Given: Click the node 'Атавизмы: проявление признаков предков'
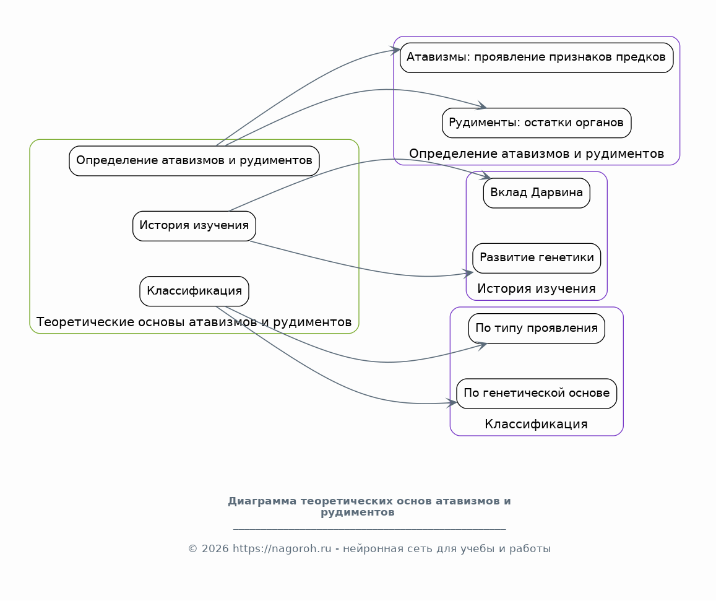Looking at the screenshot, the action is click(537, 58).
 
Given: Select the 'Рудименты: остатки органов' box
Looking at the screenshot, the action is click(537, 123).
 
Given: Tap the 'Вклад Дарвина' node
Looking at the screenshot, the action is click(537, 192).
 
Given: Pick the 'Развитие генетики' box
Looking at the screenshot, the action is click(537, 258).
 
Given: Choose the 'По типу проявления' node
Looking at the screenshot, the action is click(537, 329).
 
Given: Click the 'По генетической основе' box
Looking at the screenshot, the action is click(537, 393).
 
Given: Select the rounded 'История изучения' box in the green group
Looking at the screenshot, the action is click(194, 225).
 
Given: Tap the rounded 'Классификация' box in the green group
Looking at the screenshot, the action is click(194, 291).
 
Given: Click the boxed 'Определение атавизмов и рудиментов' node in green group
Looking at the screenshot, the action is click(194, 161).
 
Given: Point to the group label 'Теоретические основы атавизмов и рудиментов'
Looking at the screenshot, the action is click(194, 322).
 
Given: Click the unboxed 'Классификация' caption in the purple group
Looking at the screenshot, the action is click(536, 424).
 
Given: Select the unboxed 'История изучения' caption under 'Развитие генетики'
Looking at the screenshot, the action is click(537, 288).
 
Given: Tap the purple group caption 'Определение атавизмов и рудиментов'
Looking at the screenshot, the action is click(537, 153).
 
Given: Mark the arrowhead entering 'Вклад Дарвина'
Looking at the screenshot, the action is click(486, 175).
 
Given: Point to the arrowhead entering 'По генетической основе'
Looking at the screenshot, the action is click(452, 402).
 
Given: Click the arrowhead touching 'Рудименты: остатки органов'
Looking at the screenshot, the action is click(482, 105).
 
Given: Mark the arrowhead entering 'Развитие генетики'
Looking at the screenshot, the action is click(468, 274).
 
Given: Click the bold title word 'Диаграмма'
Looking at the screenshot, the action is click(262, 501).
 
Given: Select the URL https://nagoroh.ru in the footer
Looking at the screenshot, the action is click(282, 548).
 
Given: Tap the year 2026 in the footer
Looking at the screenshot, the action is click(215, 548).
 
